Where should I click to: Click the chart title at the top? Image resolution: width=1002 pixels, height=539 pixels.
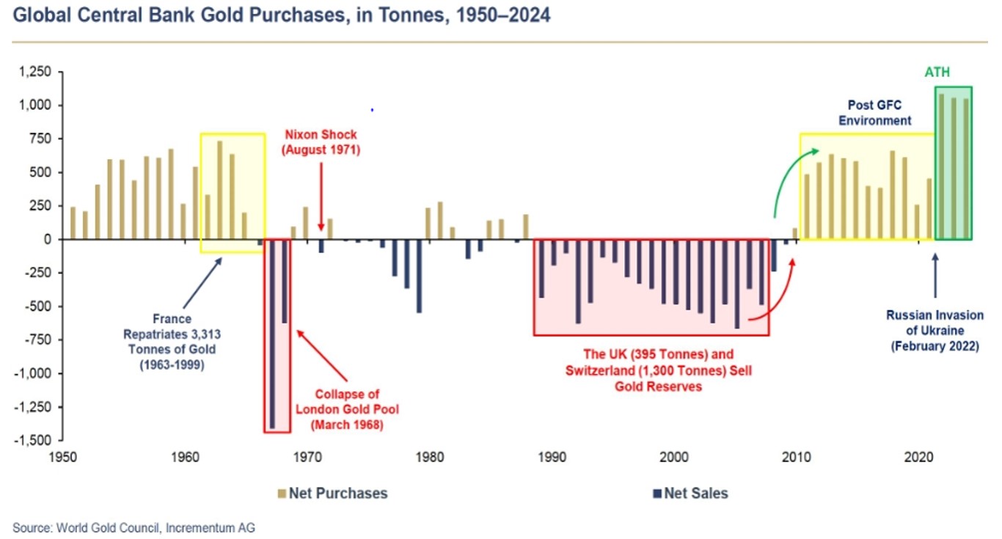281,15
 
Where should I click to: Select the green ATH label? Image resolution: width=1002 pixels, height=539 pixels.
937,73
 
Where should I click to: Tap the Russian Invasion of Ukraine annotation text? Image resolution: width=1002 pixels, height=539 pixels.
935,331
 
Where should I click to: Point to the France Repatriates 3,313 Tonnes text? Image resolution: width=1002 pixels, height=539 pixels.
172,342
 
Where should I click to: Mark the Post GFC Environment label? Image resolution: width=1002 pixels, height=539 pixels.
875,113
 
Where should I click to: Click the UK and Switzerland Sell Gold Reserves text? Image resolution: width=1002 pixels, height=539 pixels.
659,370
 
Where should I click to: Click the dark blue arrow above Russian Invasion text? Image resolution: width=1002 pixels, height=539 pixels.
935,275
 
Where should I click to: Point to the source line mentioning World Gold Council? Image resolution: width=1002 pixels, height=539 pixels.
134,527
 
